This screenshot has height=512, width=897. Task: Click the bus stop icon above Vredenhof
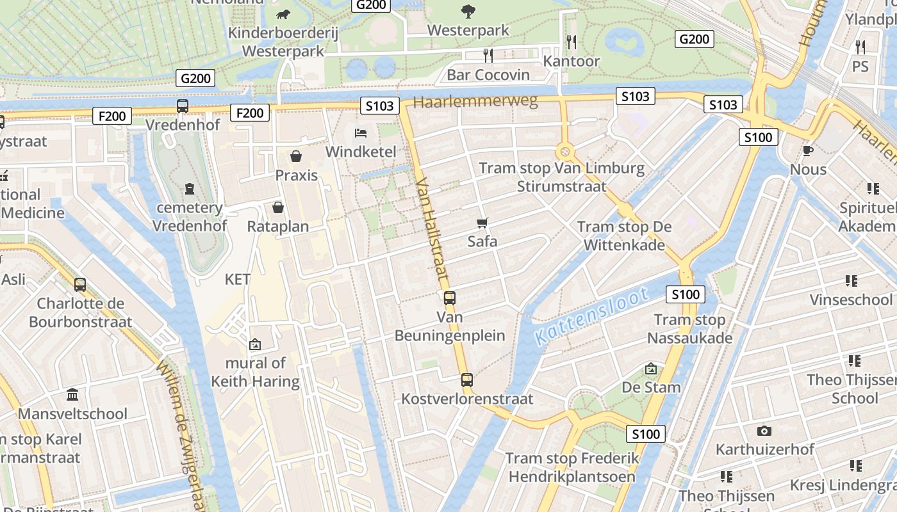point(183,106)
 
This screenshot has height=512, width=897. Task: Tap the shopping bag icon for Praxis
point(296,156)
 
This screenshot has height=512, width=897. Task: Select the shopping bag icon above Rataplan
point(278,207)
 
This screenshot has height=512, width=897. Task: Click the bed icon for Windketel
point(361,133)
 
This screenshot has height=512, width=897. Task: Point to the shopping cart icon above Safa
point(482,223)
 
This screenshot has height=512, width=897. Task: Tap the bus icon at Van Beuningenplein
point(450,298)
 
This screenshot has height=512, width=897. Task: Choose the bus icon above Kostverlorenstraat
point(467,380)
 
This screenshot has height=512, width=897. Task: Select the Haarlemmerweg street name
point(475,102)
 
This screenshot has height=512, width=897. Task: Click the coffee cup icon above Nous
point(808,150)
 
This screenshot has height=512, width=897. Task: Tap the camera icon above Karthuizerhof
point(764,431)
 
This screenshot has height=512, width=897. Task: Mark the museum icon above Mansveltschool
point(72,395)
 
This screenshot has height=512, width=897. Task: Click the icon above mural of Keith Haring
point(255,344)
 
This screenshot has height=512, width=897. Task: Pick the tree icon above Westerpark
point(468,11)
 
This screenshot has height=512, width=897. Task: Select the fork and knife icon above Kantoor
point(572,42)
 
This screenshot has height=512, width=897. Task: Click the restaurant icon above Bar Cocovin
point(488,56)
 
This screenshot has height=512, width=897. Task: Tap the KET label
point(238,279)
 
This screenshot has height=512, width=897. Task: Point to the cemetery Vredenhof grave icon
point(190,189)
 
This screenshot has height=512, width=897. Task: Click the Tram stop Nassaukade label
point(689,329)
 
